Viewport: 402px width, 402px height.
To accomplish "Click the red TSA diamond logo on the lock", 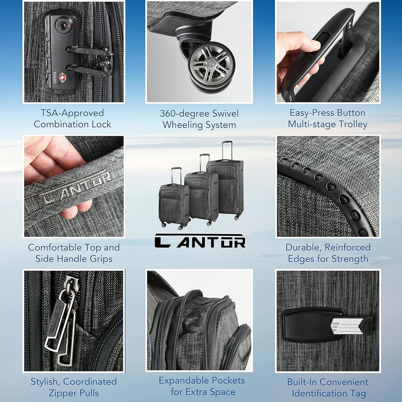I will click(63, 77).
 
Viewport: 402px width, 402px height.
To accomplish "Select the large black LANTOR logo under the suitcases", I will click(200, 241).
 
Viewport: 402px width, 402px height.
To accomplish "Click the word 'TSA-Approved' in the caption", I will click(72, 113).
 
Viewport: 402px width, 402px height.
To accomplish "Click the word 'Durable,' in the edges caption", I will click(304, 247).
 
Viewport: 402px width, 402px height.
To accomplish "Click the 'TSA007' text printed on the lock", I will click(55, 78).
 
